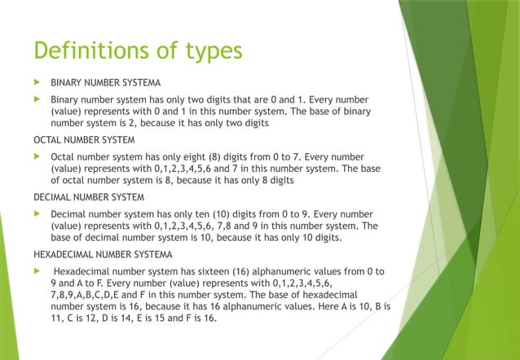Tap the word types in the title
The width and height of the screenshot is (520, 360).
[x=210, y=52]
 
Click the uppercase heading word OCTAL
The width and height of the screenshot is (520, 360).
[x=48, y=140]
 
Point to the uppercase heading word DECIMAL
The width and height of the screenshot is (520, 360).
[x=52, y=197]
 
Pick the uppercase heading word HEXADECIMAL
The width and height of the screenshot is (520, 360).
[x=62, y=254]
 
